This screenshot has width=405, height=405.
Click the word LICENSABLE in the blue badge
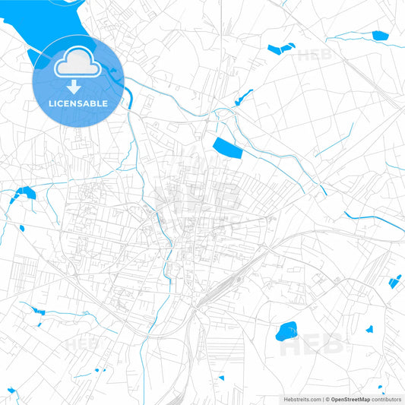click(x=78, y=103)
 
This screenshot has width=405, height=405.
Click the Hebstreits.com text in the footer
click(x=302, y=398)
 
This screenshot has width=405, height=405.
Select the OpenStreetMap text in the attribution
click(x=350, y=398)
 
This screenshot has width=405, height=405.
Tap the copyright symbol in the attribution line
click(x=327, y=398)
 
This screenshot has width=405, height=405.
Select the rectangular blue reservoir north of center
click(x=227, y=147)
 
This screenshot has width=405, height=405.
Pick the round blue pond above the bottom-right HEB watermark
click(x=286, y=331)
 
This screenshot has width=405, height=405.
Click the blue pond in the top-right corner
click(x=380, y=35)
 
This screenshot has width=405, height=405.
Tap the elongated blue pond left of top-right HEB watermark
click(x=280, y=49)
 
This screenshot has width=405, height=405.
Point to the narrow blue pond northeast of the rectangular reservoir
click(x=244, y=97)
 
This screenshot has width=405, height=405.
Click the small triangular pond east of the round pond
click(x=369, y=329)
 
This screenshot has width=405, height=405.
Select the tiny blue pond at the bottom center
click(x=221, y=378)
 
